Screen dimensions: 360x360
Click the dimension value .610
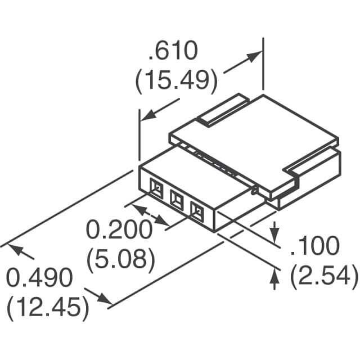pyautogui.click(x=173, y=51)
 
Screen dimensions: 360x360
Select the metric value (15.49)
pyautogui.click(x=175, y=80)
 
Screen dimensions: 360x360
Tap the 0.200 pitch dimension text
pyautogui.click(x=119, y=229)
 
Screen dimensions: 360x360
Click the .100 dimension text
pyautogui.click(x=315, y=245)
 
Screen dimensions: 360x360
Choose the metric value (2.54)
pyautogui.click(x=324, y=275)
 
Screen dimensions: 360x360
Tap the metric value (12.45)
pyautogui.click(x=48, y=307)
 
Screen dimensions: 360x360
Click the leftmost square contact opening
pyautogui.click(x=156, y=189)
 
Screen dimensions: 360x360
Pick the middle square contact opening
pyautogui.click(x=177, y=199)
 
